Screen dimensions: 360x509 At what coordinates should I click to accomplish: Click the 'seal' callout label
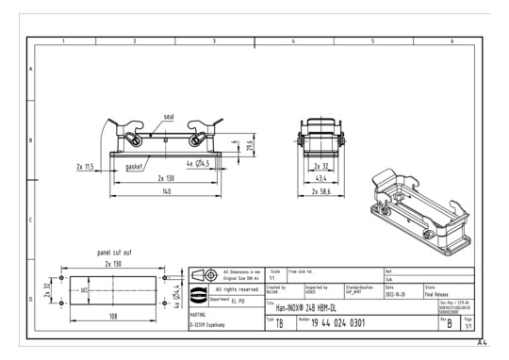pyautogui.click(x=169, y=118)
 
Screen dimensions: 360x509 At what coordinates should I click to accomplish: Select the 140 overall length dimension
pyautogui.click(x=165, y=191)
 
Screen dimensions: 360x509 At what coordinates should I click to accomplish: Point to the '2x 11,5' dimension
pyautogui.click(x=90, y=166)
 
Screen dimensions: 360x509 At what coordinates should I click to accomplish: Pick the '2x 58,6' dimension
pyautogui.click(x=323, y=191)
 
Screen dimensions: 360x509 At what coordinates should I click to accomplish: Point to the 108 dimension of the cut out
pyautogui.click(x=114, y=317)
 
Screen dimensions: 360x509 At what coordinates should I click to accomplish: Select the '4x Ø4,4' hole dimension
pyautogui.click(x=176, y=291)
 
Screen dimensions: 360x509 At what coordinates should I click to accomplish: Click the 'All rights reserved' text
pyautogui.click(x=236, y=289)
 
